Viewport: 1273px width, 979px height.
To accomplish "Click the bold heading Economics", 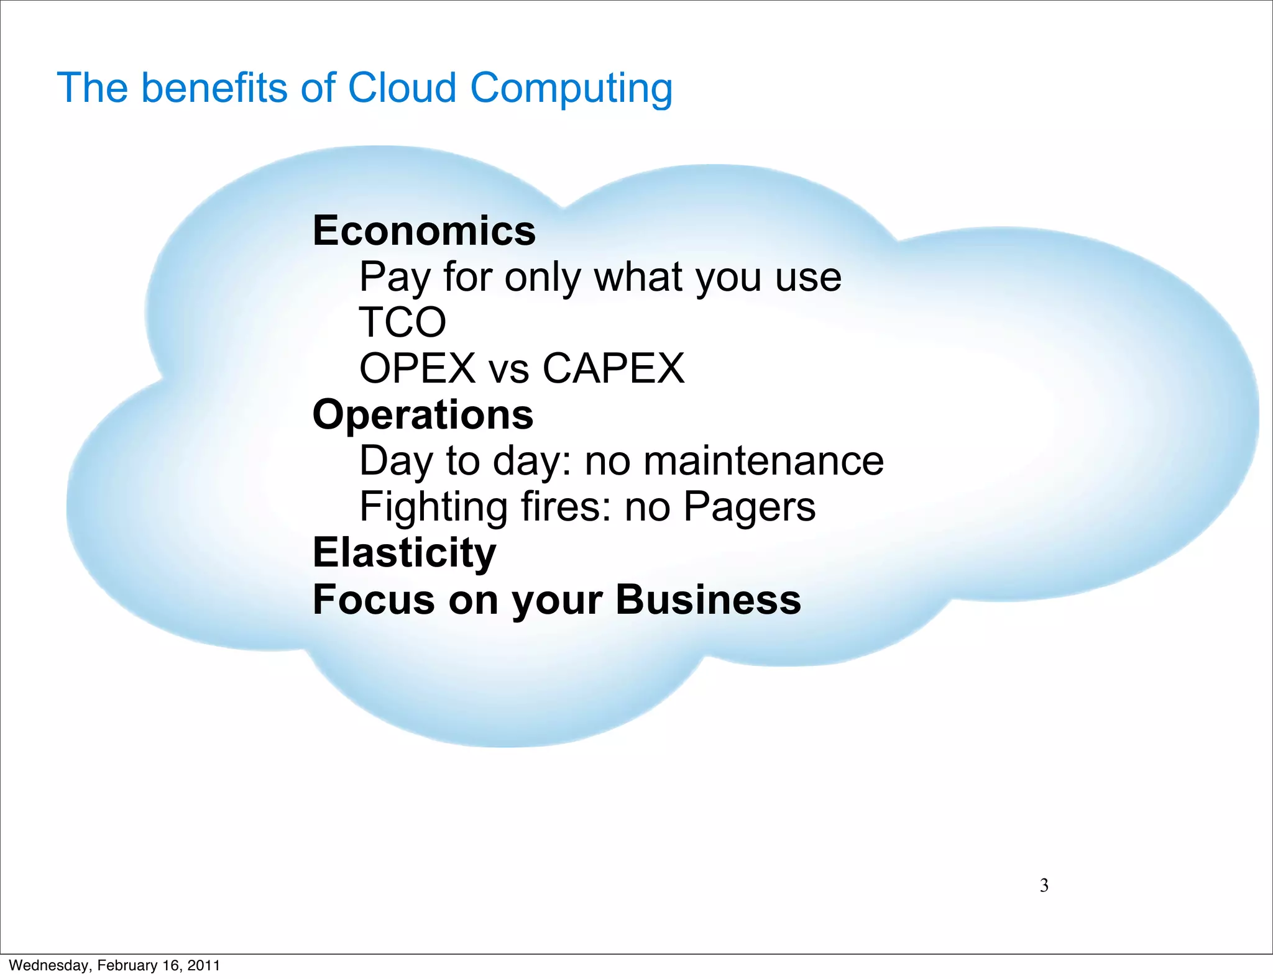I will click(x=424, y=231).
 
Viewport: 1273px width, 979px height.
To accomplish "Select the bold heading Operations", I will click(x=423, y=415).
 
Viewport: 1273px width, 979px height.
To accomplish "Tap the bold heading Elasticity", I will click(x=404, y=553).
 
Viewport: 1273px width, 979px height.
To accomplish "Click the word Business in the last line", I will click(x=708, y=600).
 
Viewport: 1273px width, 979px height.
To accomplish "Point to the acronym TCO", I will click(x=403, y=322).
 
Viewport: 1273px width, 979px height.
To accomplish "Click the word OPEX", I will click(x=417, y=368).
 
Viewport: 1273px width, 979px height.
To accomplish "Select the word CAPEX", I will click(x=613, y=368).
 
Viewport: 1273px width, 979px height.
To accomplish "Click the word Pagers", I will click(x=749, y=507).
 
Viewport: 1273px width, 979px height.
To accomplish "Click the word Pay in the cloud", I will click(x=394, y=277).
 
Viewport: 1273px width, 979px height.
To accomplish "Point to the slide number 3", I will click(x=1044, y=885).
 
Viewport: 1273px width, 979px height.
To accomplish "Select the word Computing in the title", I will click(x=571, y=89).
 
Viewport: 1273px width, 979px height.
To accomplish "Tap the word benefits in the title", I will click(x=215, y=88).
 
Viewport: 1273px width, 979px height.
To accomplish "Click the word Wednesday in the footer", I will click(x=49, y=965).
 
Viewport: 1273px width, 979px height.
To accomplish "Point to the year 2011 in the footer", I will click(x=203, y=965).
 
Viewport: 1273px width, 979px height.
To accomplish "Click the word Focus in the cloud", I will click(x=374, y=600).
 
